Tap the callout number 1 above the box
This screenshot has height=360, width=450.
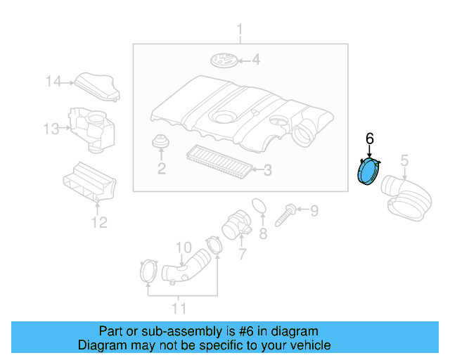pyautogui.click(x=239, y=30)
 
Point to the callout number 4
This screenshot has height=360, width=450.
pyautogui.click(x=256, y=60)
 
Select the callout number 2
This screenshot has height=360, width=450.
pyautogui.click(x=162, y=168)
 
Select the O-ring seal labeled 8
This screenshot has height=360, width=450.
pyautogui.click(x=258, y=206)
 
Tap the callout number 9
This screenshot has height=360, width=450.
pyautogui.click(x=314, y=210)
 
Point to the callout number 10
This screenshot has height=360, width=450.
pyautogui.click(x=183, y=247)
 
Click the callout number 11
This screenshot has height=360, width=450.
pyautogui.click(x=179, y=308)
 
